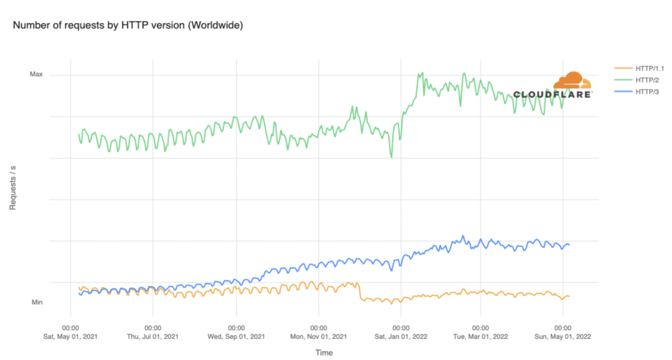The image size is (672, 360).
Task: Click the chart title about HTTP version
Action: click(x=128, y=25)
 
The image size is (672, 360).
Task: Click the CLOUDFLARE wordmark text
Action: click(x=553, y=95)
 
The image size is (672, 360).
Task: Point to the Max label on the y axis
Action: click(x=37, y=74)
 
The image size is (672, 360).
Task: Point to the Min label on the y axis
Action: click(x=37, y=302)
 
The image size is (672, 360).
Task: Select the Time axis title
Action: click(x=324, y=353)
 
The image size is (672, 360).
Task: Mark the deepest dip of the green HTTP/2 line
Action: click(x=391, y=157)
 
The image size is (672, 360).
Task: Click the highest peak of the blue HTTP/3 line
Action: click(x=462, y=236)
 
